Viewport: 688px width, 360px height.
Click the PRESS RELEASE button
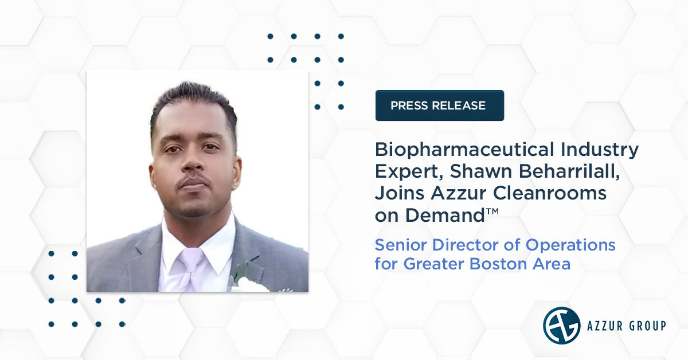(439, 105)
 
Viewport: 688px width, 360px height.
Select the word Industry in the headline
(605, 150)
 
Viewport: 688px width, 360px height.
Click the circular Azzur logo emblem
(561, 326)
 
